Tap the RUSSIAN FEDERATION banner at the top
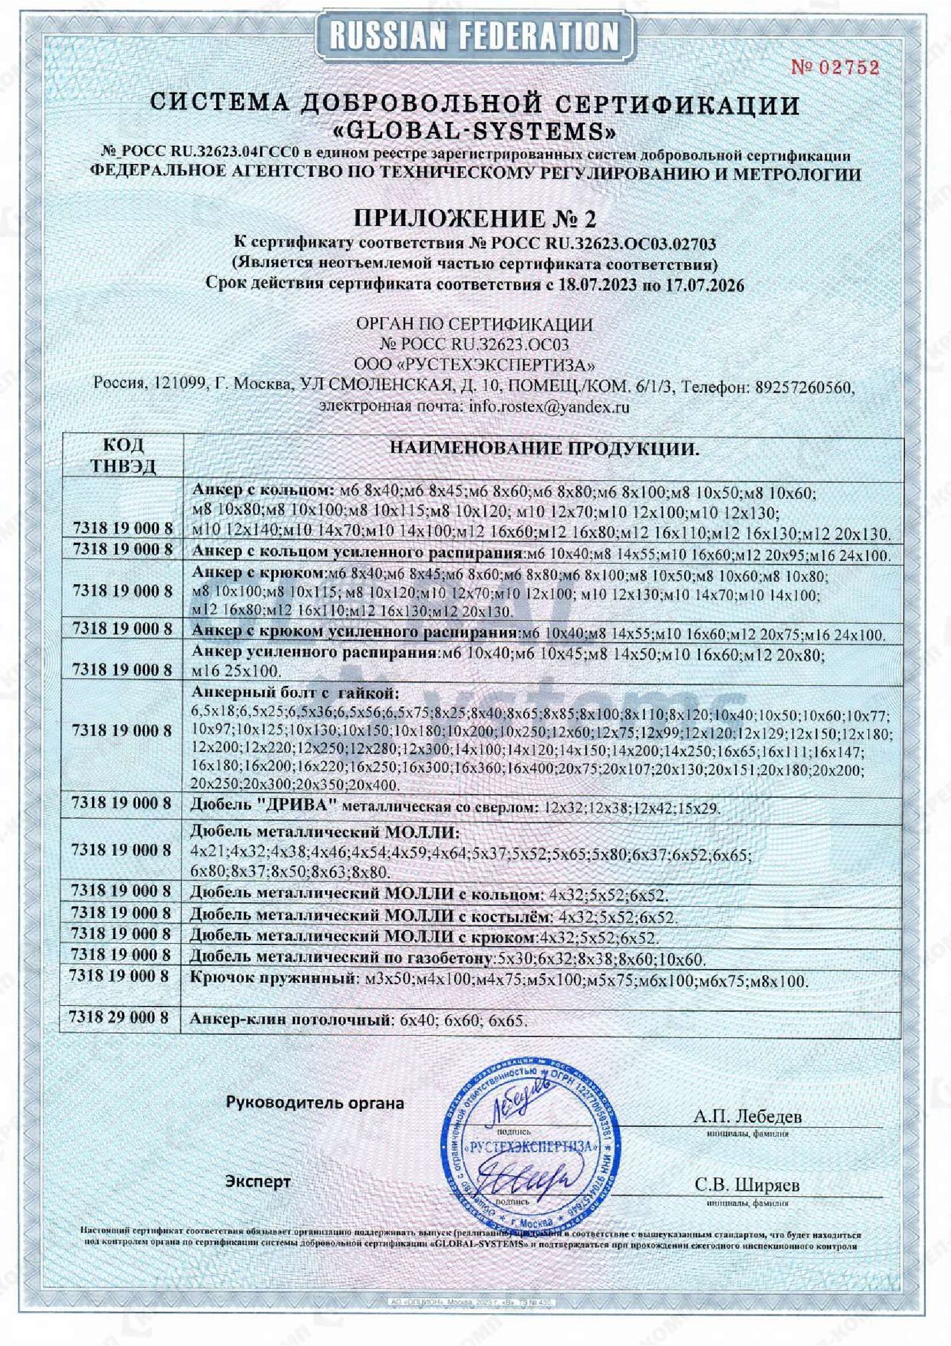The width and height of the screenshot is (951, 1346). coord(475,36)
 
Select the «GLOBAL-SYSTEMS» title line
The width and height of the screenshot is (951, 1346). coord(475,129)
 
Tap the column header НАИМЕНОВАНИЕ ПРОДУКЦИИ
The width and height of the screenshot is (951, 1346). coord(544,449)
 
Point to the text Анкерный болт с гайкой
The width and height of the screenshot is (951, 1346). coord(295,694)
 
